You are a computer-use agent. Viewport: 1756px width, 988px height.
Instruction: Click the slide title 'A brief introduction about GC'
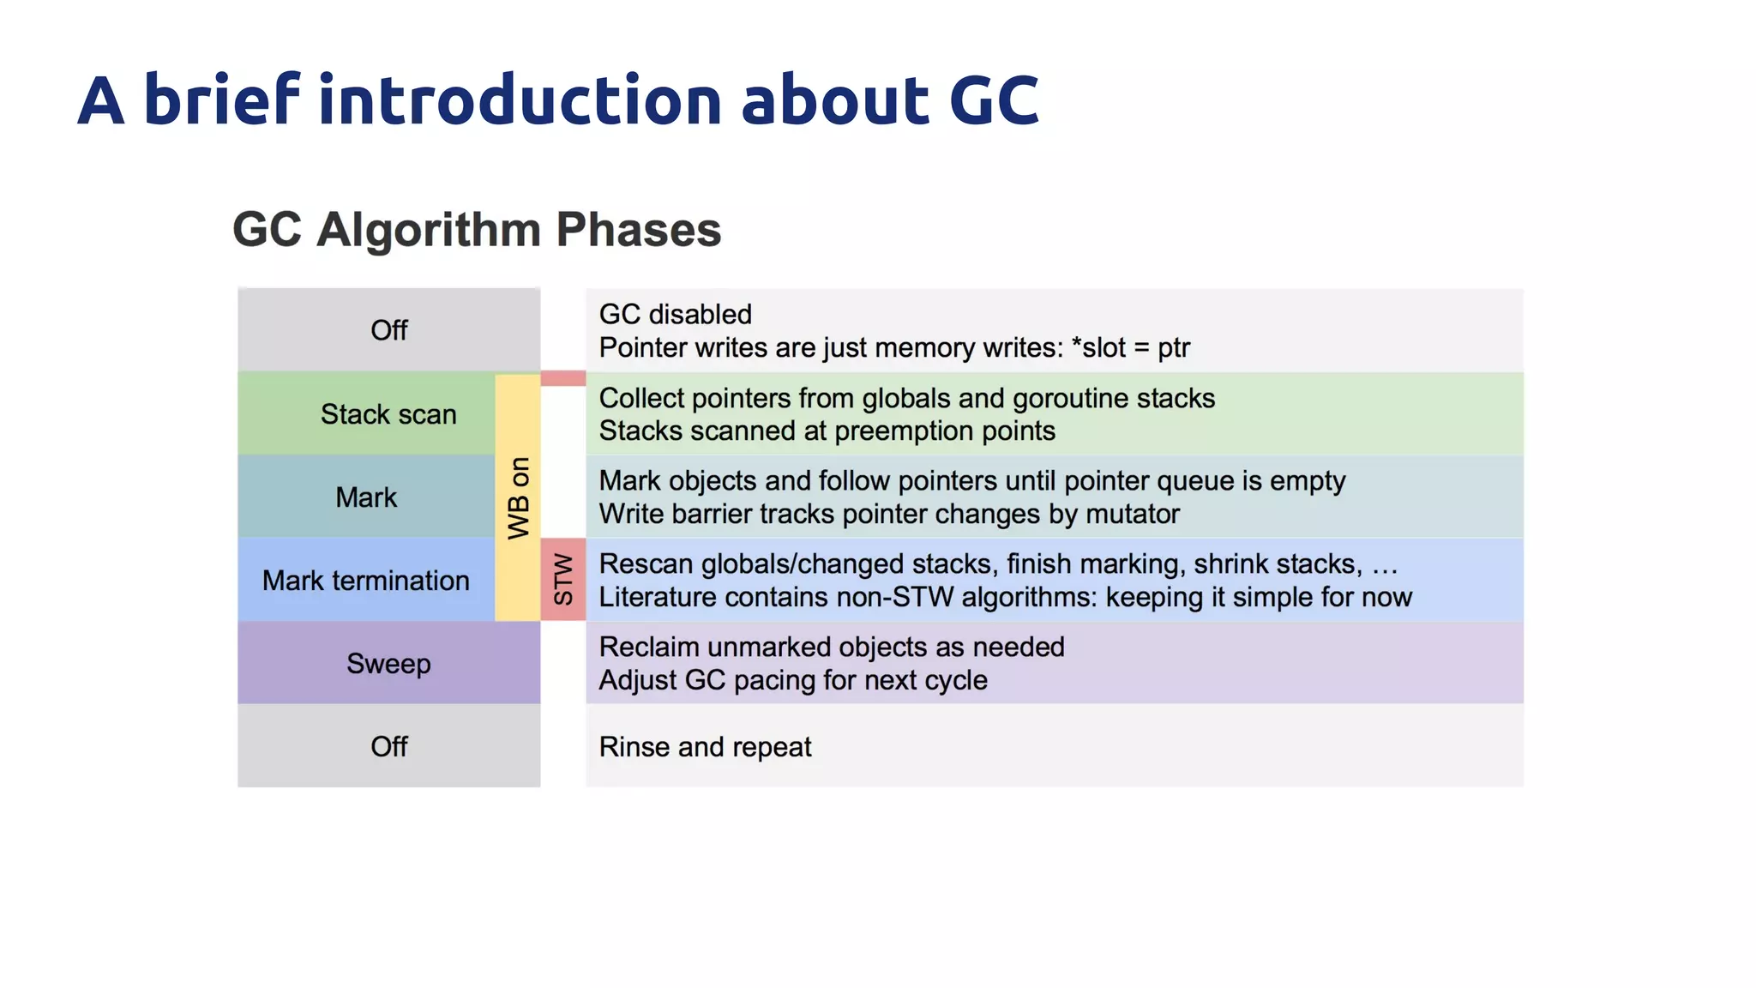click(557, 100)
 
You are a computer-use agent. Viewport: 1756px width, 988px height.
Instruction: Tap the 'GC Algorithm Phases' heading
click(477, 230)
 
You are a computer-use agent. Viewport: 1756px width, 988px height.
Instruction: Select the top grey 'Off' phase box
click(388, 330)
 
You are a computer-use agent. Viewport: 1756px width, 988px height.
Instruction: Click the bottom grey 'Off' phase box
click(388, 746)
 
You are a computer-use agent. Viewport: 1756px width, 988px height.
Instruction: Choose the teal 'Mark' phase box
click(366, 497)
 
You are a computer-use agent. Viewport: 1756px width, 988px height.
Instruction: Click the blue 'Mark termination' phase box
click(366, 581)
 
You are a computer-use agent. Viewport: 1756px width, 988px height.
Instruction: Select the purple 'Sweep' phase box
click(388, 664)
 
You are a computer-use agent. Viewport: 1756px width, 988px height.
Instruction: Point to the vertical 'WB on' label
click(519, 497)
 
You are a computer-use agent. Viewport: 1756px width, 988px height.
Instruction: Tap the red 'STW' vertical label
click(563, 580)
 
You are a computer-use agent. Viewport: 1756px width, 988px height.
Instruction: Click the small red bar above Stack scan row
click(563, 378)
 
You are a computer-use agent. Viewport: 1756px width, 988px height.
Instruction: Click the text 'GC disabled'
click(675, 314)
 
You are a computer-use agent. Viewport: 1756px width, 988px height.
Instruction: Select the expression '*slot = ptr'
click(1130, 347)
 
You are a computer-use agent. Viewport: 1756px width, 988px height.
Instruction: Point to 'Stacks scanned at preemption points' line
click(827, 431)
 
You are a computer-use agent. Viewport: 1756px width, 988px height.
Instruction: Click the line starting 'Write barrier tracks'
click(888, 514)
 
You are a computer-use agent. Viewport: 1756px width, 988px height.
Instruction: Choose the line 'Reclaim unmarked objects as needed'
click(831, 647)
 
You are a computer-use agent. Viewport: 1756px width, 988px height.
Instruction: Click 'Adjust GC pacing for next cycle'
click(792, 680)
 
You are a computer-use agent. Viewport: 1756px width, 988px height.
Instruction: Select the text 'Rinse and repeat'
click(705, 747)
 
